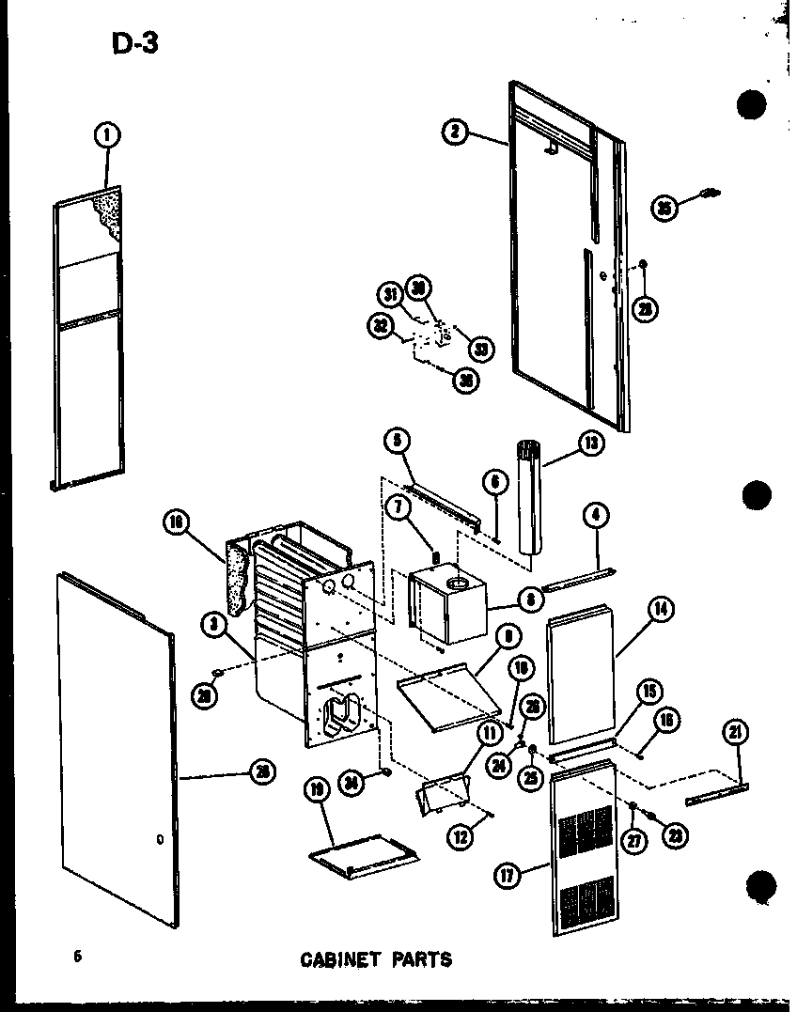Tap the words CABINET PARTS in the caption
tap(375, 959)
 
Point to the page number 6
tap(78, 957)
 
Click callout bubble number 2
tap(455, 132)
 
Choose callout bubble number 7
tap(398, 508)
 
